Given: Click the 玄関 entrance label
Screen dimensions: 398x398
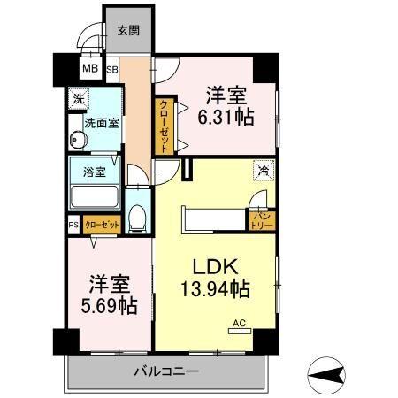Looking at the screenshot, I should [x=127, y=30].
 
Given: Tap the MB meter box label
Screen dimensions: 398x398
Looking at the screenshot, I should [x=90, y=68].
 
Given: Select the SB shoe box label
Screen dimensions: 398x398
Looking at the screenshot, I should [x=112, y=68].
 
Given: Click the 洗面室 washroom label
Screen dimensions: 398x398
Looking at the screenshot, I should [x=102, y=123].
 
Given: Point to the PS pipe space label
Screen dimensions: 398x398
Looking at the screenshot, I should [x=73, y=226].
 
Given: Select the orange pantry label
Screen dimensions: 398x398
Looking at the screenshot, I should [x=263, y=216].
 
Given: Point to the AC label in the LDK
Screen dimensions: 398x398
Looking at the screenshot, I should [x=238, y=324].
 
